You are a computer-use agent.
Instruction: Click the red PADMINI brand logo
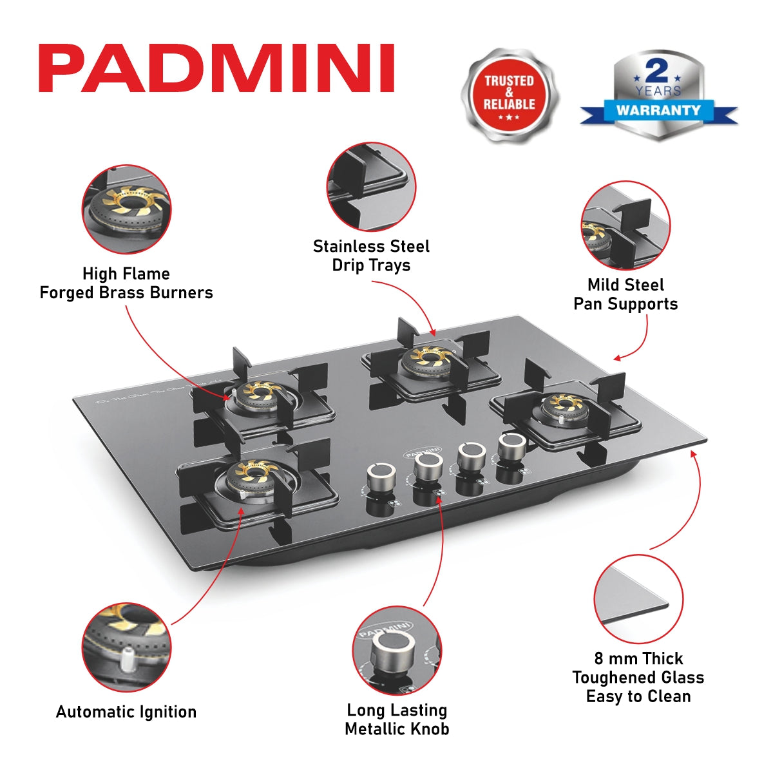[216, 68]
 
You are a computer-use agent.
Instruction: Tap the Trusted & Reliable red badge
[509, 94]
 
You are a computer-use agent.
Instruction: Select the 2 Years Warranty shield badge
[658, 95]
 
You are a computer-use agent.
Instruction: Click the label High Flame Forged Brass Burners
[126, 283]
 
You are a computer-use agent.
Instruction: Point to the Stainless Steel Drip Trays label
[371, 256]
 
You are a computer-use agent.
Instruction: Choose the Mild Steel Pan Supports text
[625, 294]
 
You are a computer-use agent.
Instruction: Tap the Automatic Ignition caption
[126, 712]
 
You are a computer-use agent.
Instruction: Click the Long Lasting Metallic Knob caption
[397, 720]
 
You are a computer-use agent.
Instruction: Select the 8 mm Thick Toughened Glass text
[638, 677]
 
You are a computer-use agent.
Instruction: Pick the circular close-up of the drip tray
[371, 187]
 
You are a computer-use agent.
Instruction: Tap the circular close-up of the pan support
[625, 225]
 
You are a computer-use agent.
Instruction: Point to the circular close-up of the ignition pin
[127, 647]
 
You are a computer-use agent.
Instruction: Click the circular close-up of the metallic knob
[397, 650]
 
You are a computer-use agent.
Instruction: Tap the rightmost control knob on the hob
[512, 446]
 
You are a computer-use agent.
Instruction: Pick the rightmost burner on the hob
[565, 406]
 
